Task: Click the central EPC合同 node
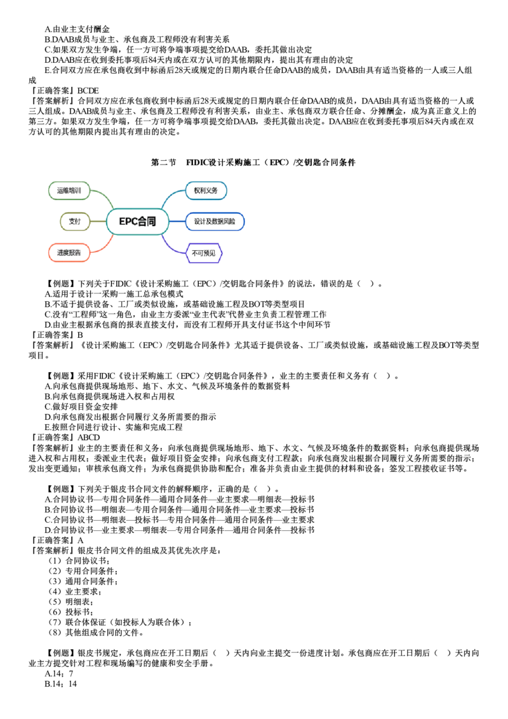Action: [138, 222]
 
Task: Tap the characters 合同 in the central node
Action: [147, 222]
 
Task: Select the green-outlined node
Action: [69, 190]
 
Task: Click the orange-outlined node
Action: [69, 253]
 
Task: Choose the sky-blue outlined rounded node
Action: [206, 190]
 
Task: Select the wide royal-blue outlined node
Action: [215, 222]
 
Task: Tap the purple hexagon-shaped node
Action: [204, 253]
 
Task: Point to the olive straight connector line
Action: [98, 221]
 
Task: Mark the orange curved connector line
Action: [102, 246]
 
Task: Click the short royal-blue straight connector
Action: [178, 222]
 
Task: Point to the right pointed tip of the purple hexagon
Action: [222, 253]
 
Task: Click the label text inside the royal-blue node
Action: [216, 222]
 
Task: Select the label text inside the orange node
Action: [69, 253]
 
